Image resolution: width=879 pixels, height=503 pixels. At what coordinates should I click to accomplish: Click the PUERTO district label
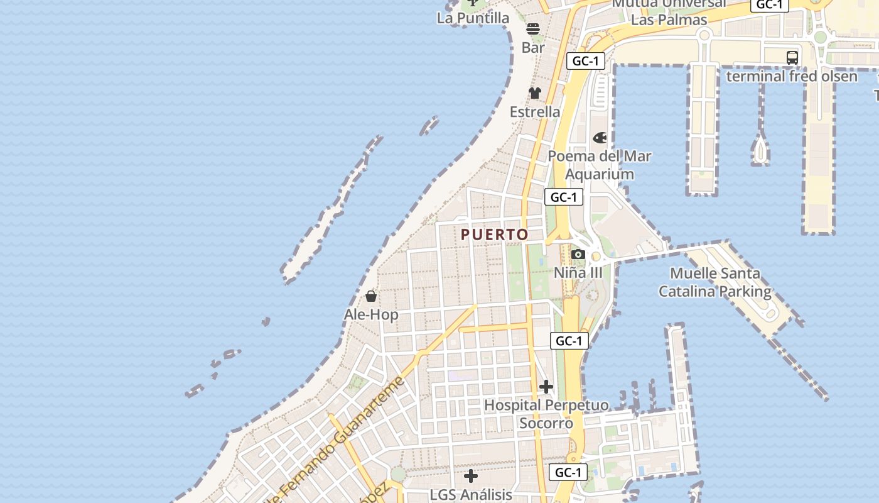tap(495, 235)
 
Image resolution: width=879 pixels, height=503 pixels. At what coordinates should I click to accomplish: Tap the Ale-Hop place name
tap(371, 314)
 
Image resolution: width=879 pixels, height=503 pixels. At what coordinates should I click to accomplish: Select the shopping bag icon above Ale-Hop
tap(371, 296)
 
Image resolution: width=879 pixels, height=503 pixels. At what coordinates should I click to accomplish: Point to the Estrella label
tap(535, 112)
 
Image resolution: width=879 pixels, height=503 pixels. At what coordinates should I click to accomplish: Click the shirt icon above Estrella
tap(534, 93)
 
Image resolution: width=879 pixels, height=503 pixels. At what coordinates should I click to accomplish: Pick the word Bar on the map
tap(533, 47)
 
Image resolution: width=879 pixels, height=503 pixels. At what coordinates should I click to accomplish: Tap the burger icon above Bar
tap(533, 28)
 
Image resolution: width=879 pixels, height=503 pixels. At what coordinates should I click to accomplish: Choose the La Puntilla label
tap(473, 18)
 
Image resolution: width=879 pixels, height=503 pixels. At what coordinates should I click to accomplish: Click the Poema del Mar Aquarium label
tap(600, 165)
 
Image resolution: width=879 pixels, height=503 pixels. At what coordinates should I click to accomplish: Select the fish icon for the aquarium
tap(600, 138)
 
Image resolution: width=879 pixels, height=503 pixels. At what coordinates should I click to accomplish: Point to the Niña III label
tap(578, 273)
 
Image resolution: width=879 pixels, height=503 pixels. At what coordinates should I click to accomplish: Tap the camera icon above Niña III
tap(578, 255)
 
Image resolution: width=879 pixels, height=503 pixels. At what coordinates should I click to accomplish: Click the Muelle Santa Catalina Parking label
tap(715, 282)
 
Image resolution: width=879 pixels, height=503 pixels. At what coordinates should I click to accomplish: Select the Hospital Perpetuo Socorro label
tap(546, 414)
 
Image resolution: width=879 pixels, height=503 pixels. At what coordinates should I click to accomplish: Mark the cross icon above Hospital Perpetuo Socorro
tap(546, 387)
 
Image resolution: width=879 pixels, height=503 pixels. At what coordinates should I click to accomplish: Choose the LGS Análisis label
tap(471, 495)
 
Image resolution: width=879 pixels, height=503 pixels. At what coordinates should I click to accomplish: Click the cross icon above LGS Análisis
tap(471, 476)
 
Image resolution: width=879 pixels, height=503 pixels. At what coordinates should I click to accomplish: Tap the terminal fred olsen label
tap(792, 76)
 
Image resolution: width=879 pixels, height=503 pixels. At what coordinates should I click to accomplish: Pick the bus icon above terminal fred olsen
tap(792, 58)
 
